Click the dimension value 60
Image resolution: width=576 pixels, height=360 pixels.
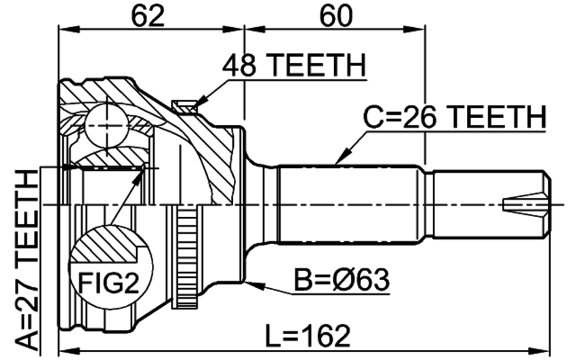tap(335, 16)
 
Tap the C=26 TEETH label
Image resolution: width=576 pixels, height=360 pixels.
tap(455, 117)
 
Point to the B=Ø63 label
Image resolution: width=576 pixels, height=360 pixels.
tap(342, 280)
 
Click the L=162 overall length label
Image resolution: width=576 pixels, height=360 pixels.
tap(308, 336)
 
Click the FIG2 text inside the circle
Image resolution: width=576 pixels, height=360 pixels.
tap(109, 283)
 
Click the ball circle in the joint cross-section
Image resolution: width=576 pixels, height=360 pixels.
tap(107, 126)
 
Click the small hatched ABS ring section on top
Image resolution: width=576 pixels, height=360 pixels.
tap(184, 106)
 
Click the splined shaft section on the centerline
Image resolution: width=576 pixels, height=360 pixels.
tap(348, 205)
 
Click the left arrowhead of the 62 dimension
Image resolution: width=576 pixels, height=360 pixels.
tap(68, 29)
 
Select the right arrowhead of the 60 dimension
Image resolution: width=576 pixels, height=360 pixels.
tap(415, 29)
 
